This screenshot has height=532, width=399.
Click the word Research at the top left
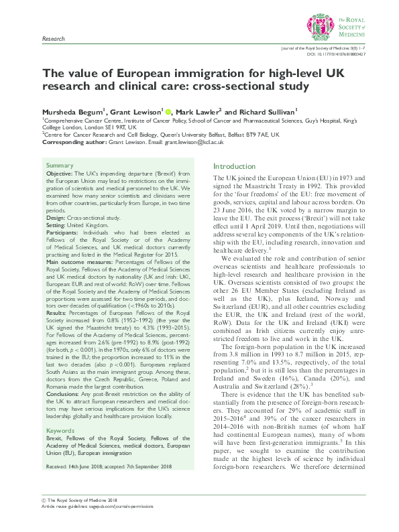coord(54,40)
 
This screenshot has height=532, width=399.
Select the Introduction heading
coord(235,165)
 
